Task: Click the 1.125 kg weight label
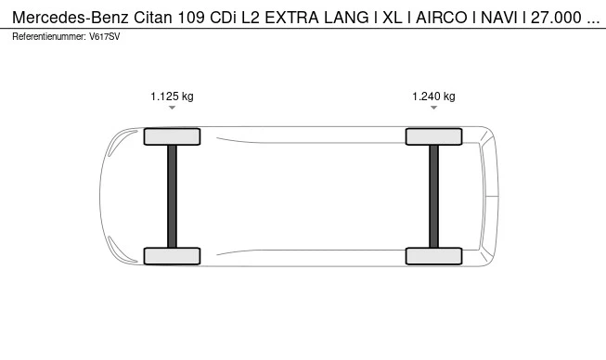pos(172,96)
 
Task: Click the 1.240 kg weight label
pos(433,96)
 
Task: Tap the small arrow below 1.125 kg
pos(172,109)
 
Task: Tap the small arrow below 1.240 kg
pos(433,109)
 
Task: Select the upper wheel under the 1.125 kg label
pos(172,136)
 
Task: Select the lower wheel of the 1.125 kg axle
pos(172,256)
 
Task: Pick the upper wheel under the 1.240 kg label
pos(433,136)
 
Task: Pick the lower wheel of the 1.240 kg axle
pos(433,256)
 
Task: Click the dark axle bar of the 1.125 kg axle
pos(172,196)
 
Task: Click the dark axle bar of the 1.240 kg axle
pos(433,196)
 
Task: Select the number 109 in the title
pos(205,17)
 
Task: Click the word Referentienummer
pos(47,36)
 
